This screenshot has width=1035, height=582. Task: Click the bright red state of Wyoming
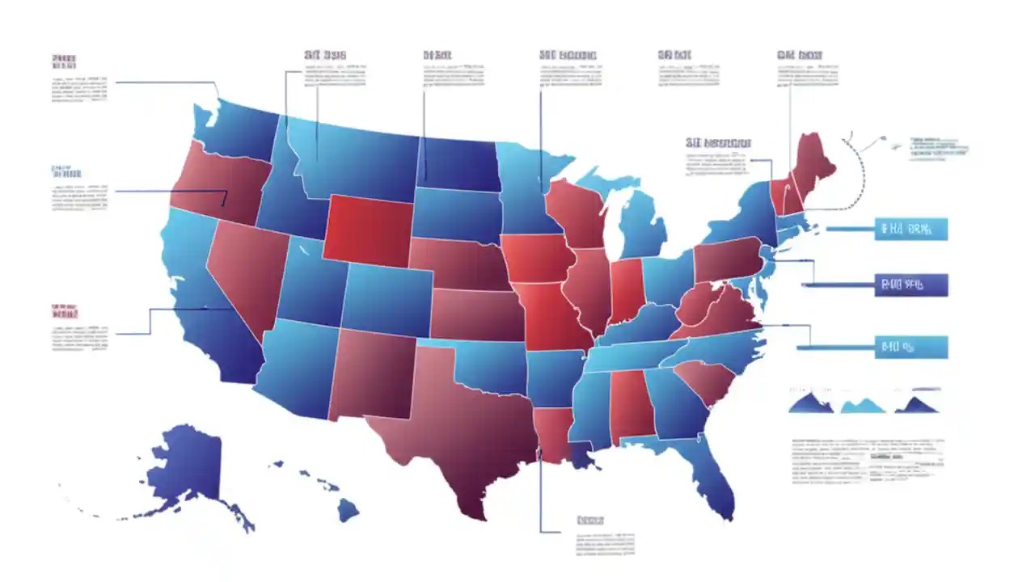point(368,230)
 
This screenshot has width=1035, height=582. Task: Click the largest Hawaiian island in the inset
point(348,509)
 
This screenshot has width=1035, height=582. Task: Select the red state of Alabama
point(631,404)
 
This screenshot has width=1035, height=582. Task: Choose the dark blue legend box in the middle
point(910,285)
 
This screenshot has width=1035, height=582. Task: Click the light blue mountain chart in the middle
point(864,405)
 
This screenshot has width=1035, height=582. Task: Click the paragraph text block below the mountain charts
point(868,460)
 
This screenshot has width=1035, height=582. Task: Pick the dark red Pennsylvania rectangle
point(728,259)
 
